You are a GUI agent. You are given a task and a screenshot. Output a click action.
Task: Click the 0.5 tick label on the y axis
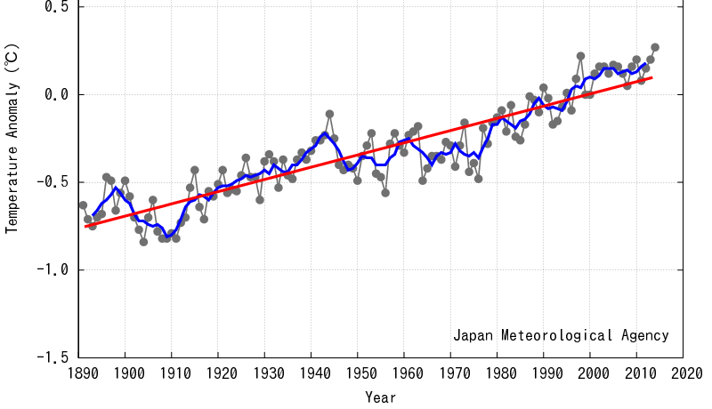(x=57, y=7)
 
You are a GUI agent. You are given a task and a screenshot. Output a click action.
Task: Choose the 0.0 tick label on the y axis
(x=57, y=94)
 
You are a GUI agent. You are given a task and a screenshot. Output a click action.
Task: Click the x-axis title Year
(x=381, y=396)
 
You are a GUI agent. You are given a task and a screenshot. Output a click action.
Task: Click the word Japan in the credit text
(x=473, y=336)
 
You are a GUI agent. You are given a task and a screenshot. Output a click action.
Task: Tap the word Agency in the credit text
(x=646, y=336)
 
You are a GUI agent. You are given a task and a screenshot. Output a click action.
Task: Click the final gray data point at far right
(x=655, y=47)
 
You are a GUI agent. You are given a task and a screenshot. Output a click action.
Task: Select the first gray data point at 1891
(x=83, y=205)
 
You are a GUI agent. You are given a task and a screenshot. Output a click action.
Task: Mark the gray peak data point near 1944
(x=330, y=114)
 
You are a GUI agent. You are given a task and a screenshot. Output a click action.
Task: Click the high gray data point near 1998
(x=580, y=56)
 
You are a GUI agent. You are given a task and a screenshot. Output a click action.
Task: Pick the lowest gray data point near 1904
(x=143, y=242)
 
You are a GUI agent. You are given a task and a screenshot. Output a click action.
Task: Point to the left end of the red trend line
(x=86, y=226)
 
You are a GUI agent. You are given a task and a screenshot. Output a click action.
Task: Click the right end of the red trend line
(x=652, y=77)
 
